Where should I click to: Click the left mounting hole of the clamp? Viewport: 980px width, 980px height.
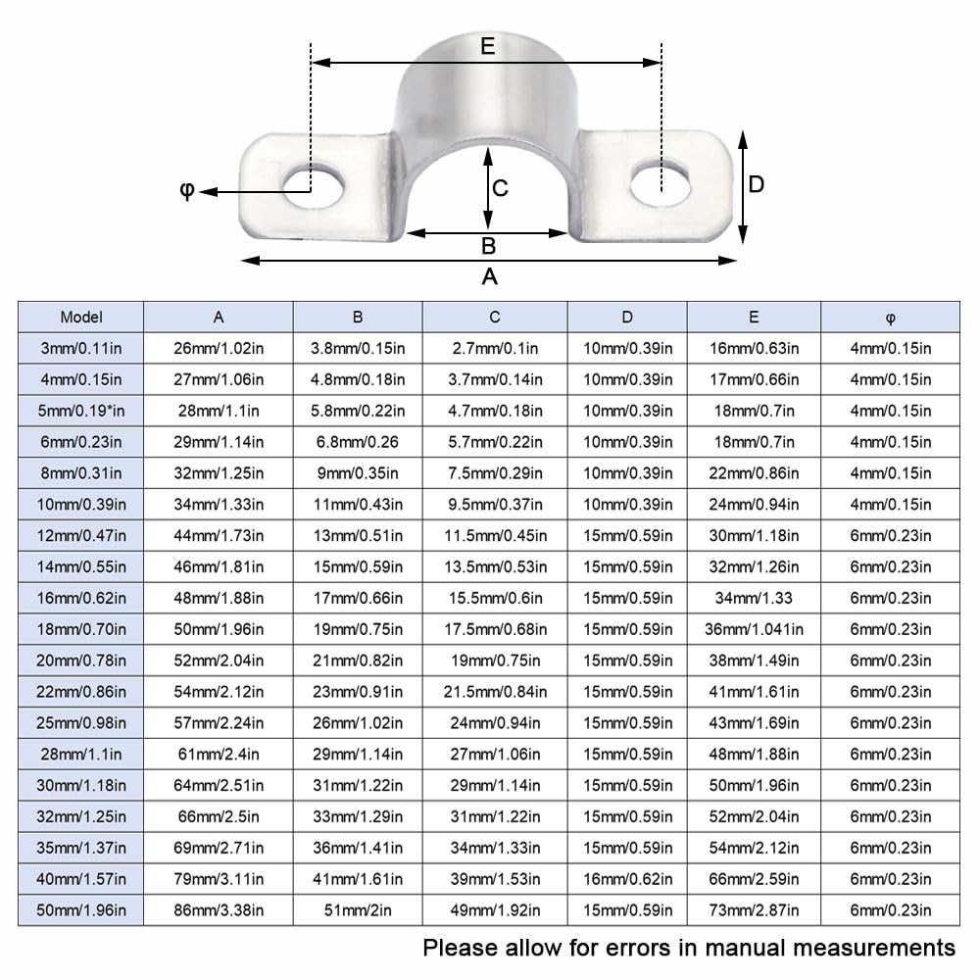pos(314,187)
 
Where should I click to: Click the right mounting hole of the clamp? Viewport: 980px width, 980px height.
pos(661,184)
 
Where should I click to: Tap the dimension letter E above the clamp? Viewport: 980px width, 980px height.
pos(487,46)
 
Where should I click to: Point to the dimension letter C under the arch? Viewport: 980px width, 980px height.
pos(500,188)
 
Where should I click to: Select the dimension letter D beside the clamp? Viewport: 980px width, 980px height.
pos(757,184)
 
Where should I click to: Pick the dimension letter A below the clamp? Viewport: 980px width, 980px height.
pos(489,276)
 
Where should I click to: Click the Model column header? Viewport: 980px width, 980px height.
pos(81,317)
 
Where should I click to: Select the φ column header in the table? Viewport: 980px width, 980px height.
pos(890,318)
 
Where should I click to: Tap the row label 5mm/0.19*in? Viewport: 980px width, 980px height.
pos(81,411)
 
